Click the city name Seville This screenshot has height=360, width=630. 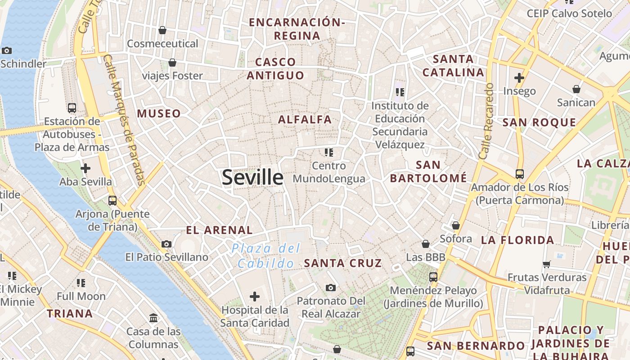252,178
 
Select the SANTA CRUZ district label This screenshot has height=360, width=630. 343,263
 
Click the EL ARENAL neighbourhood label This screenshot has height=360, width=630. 219,230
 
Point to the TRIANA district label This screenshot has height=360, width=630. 70,314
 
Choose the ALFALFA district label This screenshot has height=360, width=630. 305,120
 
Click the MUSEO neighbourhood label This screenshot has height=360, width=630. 159,114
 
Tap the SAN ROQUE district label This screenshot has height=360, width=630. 539,123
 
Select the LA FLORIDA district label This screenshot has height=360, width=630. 517,240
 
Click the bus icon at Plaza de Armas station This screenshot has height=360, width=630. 72,108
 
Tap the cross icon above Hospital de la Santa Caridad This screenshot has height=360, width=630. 255,297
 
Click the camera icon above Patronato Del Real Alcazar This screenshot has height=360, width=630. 331,288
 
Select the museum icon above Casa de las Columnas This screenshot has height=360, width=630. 153,318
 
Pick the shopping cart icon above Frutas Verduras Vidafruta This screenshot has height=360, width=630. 547,264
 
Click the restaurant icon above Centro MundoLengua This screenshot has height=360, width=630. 329,153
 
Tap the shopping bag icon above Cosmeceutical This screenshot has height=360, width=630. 162,30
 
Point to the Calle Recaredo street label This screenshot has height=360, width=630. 486,121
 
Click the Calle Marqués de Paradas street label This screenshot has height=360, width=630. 123,119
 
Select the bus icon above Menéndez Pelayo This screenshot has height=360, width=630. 433,277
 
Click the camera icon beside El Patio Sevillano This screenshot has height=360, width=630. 166,244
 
